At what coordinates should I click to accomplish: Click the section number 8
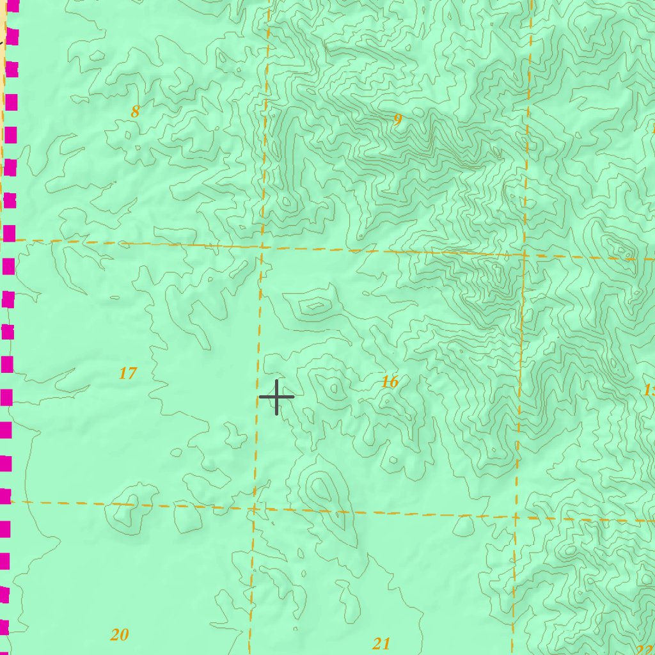[x=135, y=112]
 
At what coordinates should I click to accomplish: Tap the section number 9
[x=398, y=120]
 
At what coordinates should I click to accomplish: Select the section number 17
[x=128, y=373]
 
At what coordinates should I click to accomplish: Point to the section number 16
[x=390, y=383]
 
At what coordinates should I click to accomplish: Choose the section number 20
[x=120, y=635]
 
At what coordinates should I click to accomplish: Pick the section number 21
[x=381, y=643]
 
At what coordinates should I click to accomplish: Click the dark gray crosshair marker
[x=276, y=397]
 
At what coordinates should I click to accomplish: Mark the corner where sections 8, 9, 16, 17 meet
[x=262, y=246]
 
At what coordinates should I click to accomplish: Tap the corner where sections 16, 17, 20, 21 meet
[x=253, y=509]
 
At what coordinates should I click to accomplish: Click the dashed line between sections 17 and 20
[x=128, y=505]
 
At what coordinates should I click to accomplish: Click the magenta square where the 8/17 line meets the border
[x=9, y=233]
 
